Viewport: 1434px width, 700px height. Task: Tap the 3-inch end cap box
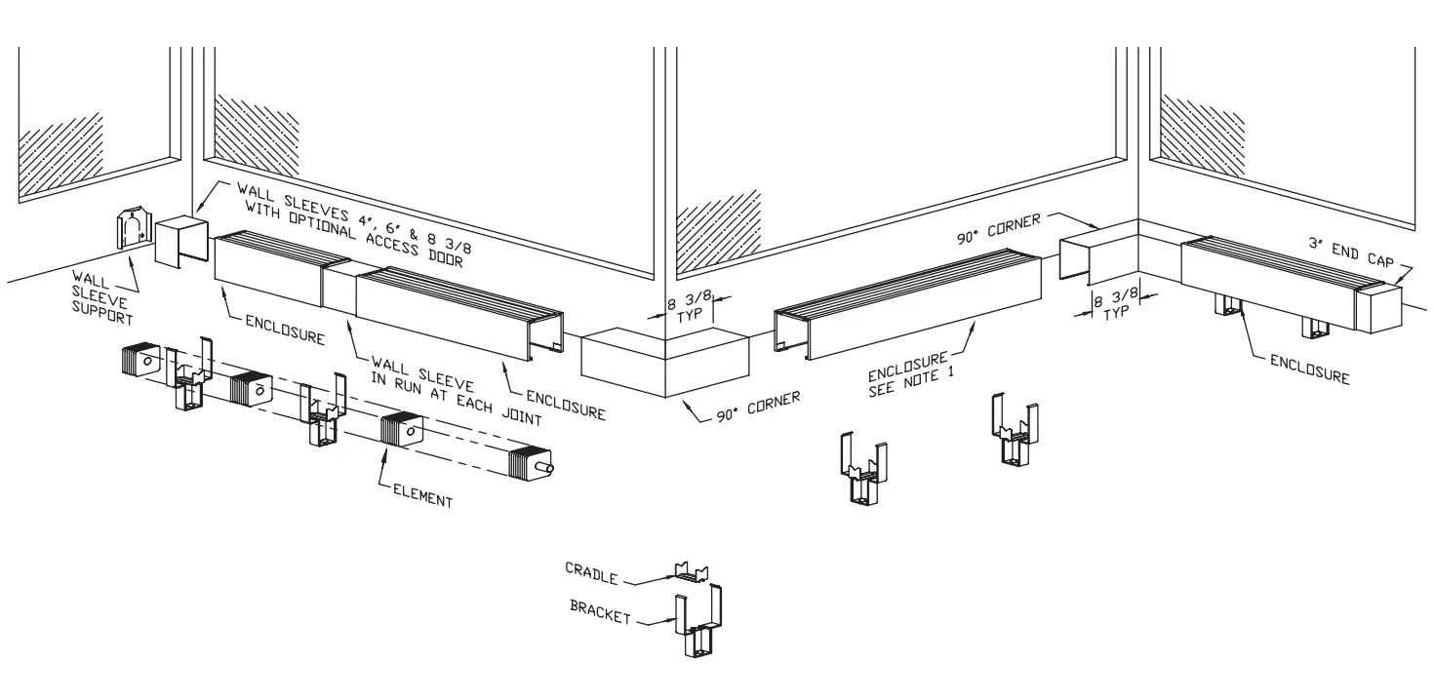point(1377,307)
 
